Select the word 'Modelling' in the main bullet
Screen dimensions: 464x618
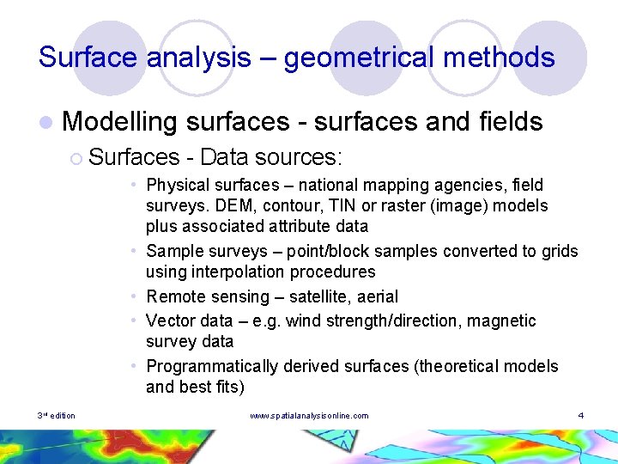click(119, 122)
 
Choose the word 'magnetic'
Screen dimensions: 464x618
click(503, 321)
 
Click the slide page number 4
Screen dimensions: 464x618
click(581, 416)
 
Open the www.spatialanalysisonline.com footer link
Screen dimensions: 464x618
click(309, 416)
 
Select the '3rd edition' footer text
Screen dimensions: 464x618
click(57, 416)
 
